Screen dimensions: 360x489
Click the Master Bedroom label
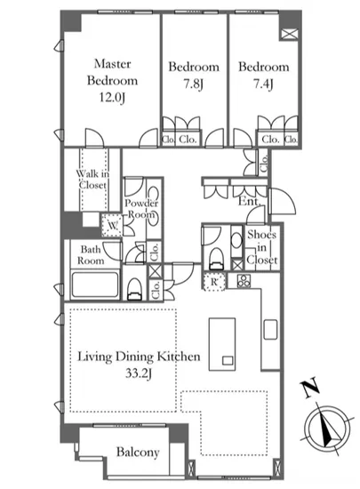(x=112, y=72)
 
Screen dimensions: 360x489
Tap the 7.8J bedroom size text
(x=193, y=84)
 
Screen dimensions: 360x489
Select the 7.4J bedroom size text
(x=263, y=84)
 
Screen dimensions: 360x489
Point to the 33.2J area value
(x=139, y=373)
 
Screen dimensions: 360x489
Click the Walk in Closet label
(x=92, y=179)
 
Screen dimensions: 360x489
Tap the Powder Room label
(x=141, y=209)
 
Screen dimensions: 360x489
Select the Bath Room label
(x=91, y=255)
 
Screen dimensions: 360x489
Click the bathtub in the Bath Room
(x=95, y=285)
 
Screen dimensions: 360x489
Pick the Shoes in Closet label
(x=262, y=247)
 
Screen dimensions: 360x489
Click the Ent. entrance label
(x=250, y=201)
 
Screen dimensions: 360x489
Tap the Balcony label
(x=138, y=452)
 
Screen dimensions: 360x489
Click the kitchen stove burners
(x=244, y=280)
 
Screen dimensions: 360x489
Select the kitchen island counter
(x=222, y=344)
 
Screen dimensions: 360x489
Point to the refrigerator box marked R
(x=214, y=282)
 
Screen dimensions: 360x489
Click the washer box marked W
(x=112, y=225)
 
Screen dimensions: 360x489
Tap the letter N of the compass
(x=309, y=388)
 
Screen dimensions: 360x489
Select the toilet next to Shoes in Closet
(x=217, y=258)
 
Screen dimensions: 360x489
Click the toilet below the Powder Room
(x=134, y=289)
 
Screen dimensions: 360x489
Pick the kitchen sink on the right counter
(x=270, y=330)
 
